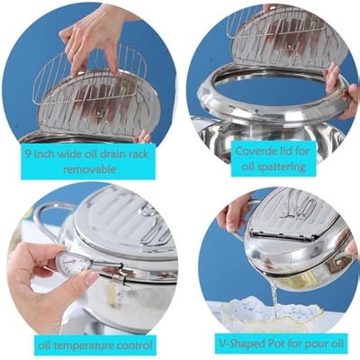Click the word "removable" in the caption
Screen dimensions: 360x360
click(90, 169)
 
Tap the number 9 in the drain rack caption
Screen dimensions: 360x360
click(27, 154)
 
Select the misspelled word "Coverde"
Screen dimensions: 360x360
click(254, 150)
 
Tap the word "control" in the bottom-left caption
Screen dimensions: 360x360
click(131, 345)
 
